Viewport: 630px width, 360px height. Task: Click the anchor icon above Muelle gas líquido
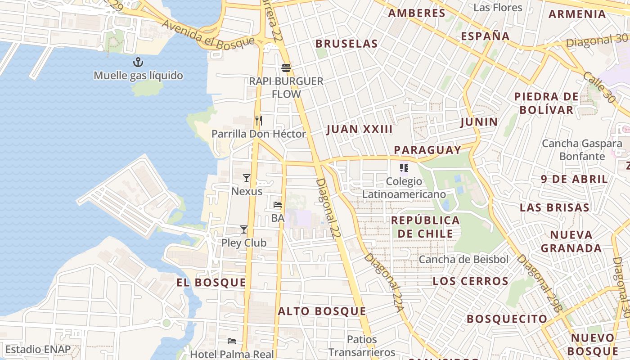point(138,62)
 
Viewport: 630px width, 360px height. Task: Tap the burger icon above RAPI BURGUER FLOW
point(286,68)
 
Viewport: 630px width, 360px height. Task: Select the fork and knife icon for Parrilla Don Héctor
point(258,120)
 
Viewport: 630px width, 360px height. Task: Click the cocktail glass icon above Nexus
point(246,178)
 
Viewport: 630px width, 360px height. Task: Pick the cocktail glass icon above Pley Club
point(244,229)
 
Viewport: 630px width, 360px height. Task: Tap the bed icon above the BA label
point(278,205)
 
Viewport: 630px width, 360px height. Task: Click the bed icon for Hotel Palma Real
point(232,341)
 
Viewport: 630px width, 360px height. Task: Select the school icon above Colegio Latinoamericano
point(404,168)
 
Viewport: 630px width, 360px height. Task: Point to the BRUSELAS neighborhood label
point(346,44)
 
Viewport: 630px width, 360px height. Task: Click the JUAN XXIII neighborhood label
point(360,130)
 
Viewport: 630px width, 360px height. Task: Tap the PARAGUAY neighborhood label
point(427,150)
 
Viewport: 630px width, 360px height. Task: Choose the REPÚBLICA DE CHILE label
point(425,227)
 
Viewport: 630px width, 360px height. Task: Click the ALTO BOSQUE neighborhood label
point(322,311)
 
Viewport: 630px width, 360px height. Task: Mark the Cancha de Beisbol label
point(463,260)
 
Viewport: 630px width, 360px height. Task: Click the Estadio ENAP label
point(38,350)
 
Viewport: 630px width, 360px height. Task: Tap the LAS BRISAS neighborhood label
point(554,207)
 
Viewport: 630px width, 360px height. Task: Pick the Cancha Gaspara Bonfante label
point(582,150)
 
